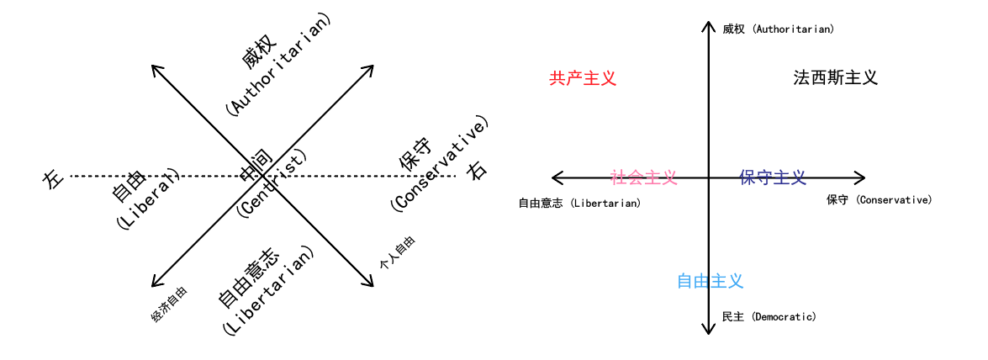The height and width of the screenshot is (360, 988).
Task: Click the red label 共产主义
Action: [x=583, y=78]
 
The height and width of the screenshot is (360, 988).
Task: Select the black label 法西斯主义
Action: [x=835, y=77]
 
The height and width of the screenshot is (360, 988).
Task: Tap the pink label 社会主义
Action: [x=643, y=177]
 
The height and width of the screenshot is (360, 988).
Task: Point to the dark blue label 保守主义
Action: [x=773, y=177]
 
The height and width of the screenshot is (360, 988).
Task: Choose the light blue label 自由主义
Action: [x=711, y=281]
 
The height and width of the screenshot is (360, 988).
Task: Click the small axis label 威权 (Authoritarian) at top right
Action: [x=778, y=29]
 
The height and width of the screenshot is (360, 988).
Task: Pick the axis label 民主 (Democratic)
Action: [x=769, y=317]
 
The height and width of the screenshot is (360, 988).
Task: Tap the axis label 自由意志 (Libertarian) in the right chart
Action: [x=579, y=203]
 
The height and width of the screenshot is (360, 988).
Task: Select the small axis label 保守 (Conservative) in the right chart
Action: [x=879, y=199]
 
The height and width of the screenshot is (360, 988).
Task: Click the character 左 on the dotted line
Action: [x=52, y=178]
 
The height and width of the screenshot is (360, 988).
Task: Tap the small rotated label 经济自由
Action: [x=169, y=304]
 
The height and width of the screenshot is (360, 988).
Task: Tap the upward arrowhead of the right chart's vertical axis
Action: [x=709, y=25]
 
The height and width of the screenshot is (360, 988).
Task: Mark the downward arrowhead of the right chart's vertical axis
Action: [x=709, y=329]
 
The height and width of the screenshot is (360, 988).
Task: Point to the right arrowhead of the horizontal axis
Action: [x=860, y=177]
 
